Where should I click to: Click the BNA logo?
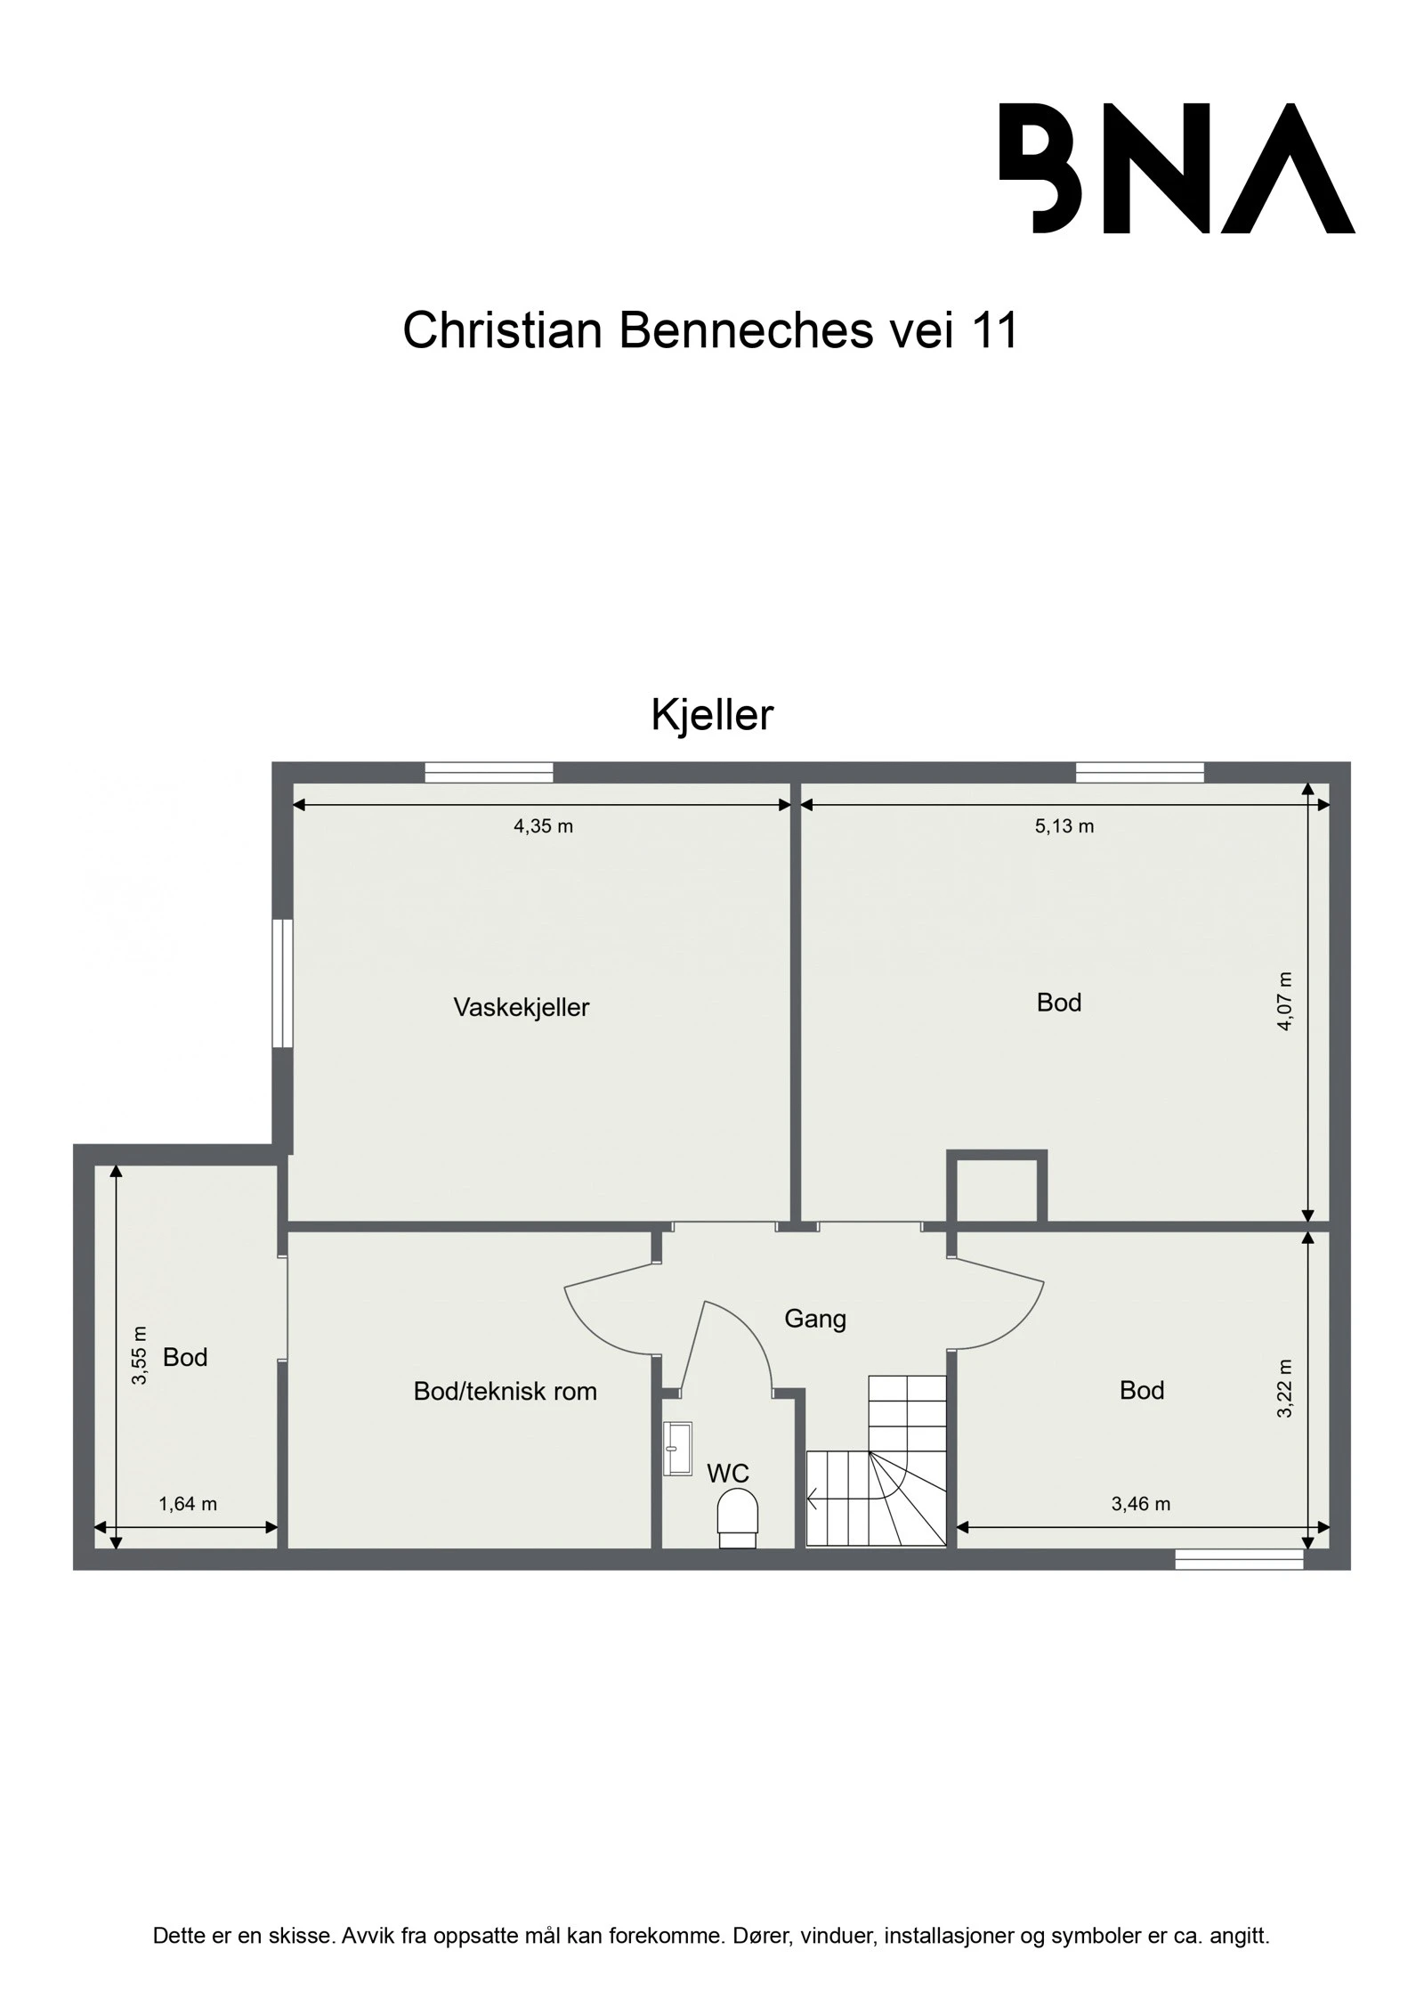tap(1176, 168)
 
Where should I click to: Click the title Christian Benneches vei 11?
tap(709, 330)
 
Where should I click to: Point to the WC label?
tap(727, 1473)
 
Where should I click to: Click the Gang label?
tap(814, 1318)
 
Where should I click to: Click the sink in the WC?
tap(677, 1449)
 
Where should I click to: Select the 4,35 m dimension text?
tap(543, 826)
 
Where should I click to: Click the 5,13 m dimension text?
tap(1064, 826)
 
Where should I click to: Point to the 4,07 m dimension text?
tap(1284, 1001)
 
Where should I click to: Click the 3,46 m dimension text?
tap(1140, 1504)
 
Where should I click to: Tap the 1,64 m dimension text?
tap(188, 1504)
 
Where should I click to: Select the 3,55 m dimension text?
tap(140, 1356)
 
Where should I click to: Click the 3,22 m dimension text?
tap(1284, 1389)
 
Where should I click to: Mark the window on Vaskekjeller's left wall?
tap(282, 983)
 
